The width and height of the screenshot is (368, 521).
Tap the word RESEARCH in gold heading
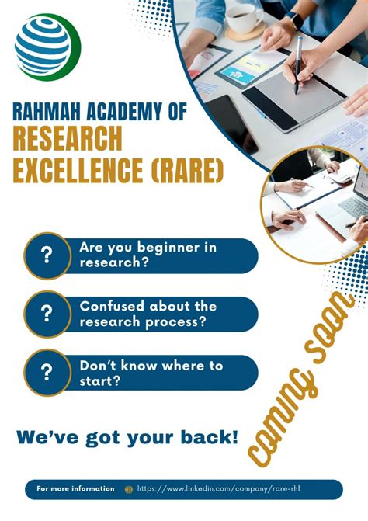(68, 139)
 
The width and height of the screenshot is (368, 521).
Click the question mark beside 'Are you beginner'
(47, 255)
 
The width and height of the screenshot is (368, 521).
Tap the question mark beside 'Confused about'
(47, 314)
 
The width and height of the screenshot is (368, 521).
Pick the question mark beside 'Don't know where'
(47, 373)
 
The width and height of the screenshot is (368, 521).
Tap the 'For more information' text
(75, 489)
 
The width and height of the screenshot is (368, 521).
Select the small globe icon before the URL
(129, 489)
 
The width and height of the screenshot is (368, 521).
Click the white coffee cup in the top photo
(243, 17)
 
